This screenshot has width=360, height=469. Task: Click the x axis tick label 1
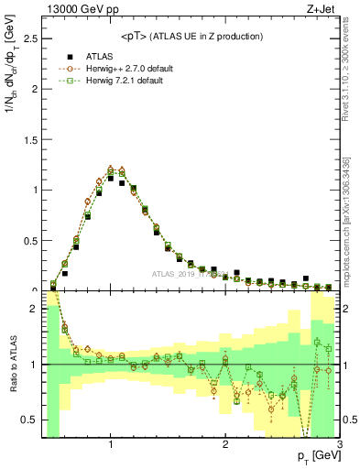[x=111, y=444]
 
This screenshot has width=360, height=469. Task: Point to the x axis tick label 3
[x=339, y=444]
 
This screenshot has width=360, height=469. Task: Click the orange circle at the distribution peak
[x=111, y=169]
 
